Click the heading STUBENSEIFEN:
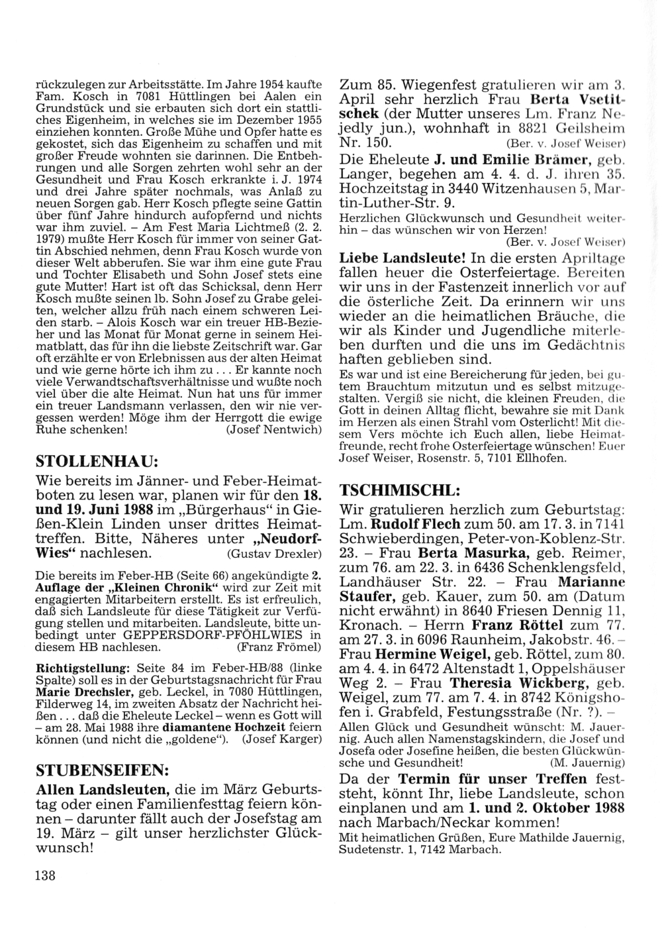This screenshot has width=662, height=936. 101,770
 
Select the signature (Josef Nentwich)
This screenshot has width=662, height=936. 274,429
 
